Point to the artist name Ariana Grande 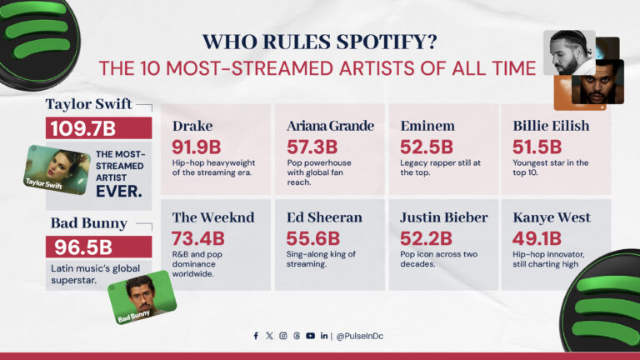330,126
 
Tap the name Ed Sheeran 325,217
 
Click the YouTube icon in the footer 310,336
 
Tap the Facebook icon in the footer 256,336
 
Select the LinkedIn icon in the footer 323,336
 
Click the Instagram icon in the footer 283,336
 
